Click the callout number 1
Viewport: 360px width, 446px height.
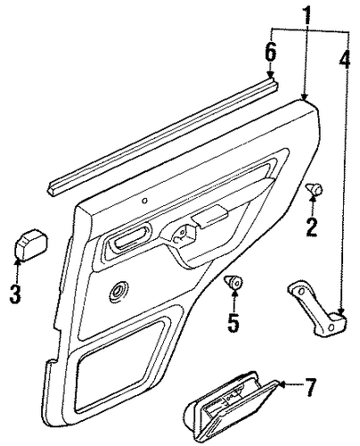307,15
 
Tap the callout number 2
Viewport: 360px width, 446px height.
312,227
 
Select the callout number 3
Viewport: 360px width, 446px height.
15,293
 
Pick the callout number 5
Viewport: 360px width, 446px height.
233,323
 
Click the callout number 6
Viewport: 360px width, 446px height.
271,52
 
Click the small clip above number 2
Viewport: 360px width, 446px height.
315,188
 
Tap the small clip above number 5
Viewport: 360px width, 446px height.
233,282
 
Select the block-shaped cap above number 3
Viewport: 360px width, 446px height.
31,244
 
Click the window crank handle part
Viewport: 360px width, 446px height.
317,310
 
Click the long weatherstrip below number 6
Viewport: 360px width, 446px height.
163,136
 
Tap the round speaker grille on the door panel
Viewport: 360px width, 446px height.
119,291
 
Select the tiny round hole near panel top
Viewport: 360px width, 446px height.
144,201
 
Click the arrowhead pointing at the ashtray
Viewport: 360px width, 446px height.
282,384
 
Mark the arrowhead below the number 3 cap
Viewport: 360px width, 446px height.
18,262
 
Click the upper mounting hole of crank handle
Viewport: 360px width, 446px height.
299,291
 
